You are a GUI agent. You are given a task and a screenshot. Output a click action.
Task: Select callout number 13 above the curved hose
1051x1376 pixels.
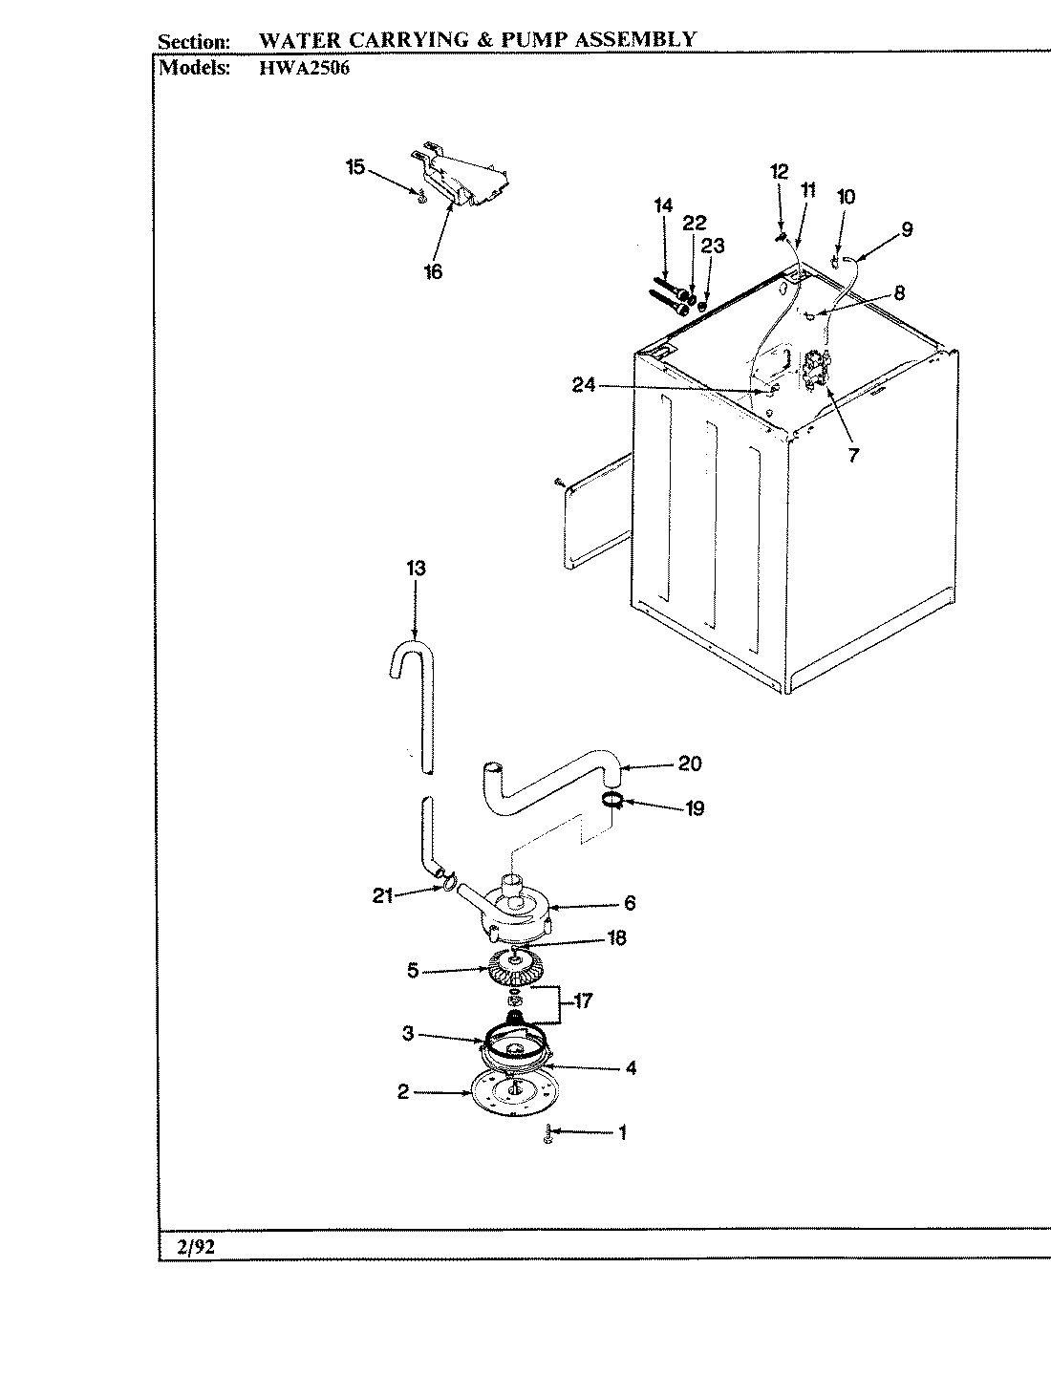click(x=415, y=569)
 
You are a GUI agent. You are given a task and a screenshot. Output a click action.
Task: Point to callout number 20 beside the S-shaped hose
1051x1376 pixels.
click(x=689, y=763)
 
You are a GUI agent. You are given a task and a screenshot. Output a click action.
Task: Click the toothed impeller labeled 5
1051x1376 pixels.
click(x=514, y=972)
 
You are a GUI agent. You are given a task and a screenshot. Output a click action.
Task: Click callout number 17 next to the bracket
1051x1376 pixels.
click(x=582, y=1001)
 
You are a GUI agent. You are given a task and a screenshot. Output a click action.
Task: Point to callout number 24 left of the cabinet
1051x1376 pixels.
click(x=584, y=385)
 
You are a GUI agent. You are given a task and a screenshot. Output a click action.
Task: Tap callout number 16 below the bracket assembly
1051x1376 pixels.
click(x=433, y=272)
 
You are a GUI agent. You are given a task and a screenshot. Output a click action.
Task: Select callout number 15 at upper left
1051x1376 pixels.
click(x=354, y=167)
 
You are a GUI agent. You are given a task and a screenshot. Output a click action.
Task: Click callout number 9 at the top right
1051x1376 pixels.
click(x=906, y=229)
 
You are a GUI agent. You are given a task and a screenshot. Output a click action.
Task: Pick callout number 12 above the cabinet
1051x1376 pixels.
click(x=779, y=172)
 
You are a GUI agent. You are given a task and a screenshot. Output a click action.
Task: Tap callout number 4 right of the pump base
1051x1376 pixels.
click(x=631, y=1068)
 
